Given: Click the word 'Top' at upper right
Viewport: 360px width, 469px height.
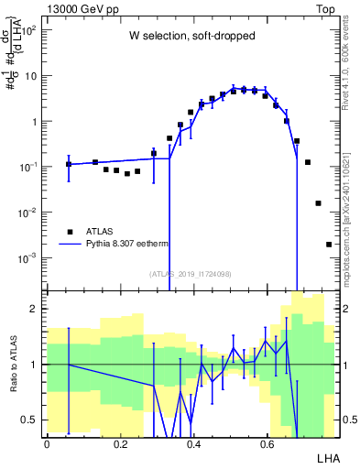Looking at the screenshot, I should [327, 7].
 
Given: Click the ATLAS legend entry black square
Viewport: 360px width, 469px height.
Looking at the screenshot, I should [70, 232].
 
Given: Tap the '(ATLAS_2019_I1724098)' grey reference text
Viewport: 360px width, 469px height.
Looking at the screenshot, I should [190, 273].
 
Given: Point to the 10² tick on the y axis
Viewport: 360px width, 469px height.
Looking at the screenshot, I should [27, 29].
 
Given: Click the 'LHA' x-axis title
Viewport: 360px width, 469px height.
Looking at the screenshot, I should [327, 457].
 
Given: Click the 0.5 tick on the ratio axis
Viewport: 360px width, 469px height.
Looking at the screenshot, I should [31, 420].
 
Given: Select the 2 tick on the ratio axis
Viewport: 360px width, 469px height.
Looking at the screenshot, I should [35, 309].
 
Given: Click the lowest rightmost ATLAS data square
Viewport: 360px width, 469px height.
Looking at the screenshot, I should [329, 245].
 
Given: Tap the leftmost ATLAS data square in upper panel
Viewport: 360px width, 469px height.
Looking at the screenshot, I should [69, 164].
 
